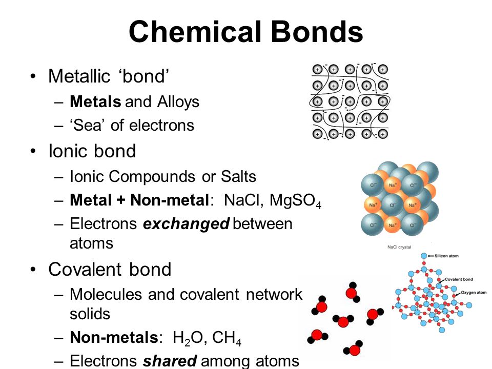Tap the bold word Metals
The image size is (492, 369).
95,102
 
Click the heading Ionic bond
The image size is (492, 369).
92,152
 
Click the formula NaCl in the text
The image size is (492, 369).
243,200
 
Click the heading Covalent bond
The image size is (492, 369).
110,270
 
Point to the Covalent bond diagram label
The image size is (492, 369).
458,279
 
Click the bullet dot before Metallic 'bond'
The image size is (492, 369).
33,77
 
